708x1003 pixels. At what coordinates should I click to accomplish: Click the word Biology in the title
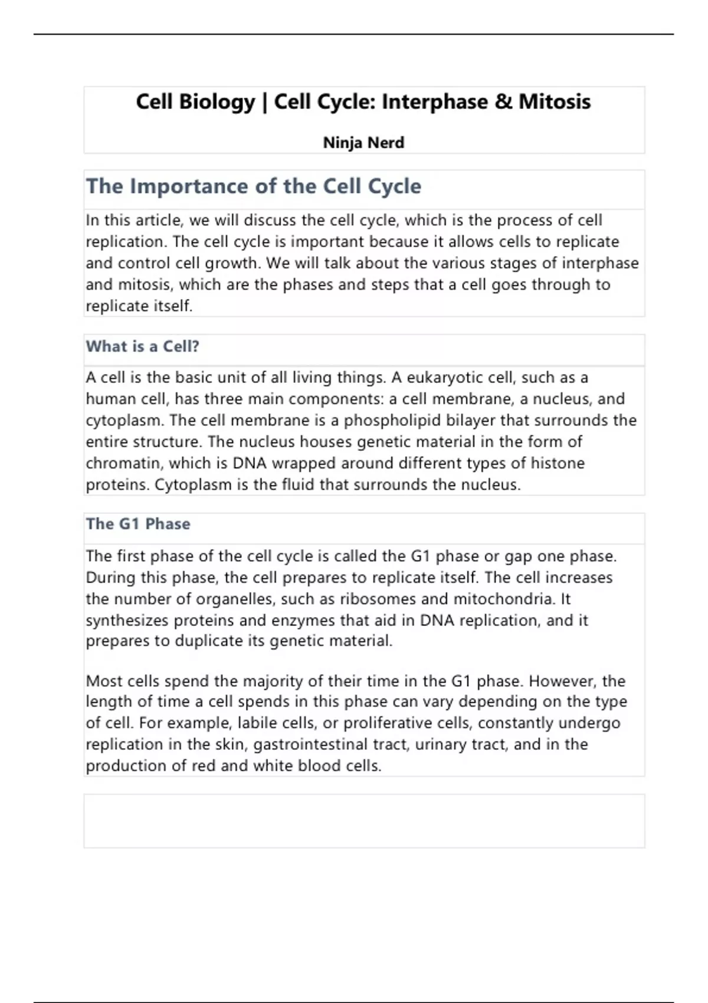(216, 103)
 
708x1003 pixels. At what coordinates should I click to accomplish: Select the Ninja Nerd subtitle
(363, 143)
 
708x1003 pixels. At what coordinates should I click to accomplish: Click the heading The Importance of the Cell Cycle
(254, 186)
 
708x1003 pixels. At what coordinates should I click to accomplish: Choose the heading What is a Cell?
(143, 346)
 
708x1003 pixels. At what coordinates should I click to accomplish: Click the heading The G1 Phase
(138, 524)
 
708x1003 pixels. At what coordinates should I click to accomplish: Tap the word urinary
(440, 745)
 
